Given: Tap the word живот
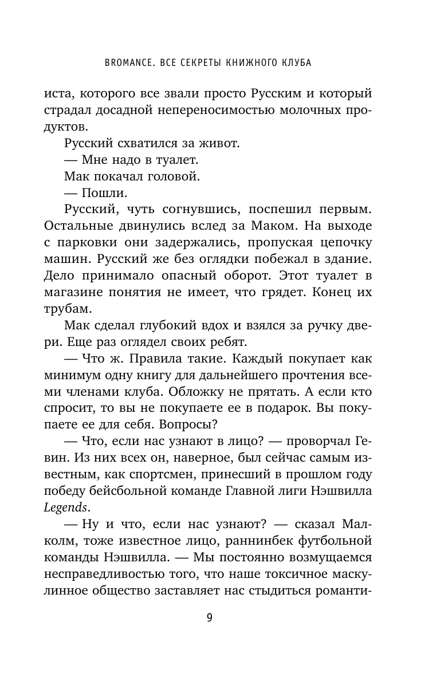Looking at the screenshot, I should coord(187,144).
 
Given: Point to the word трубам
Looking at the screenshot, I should coord(66,309).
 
